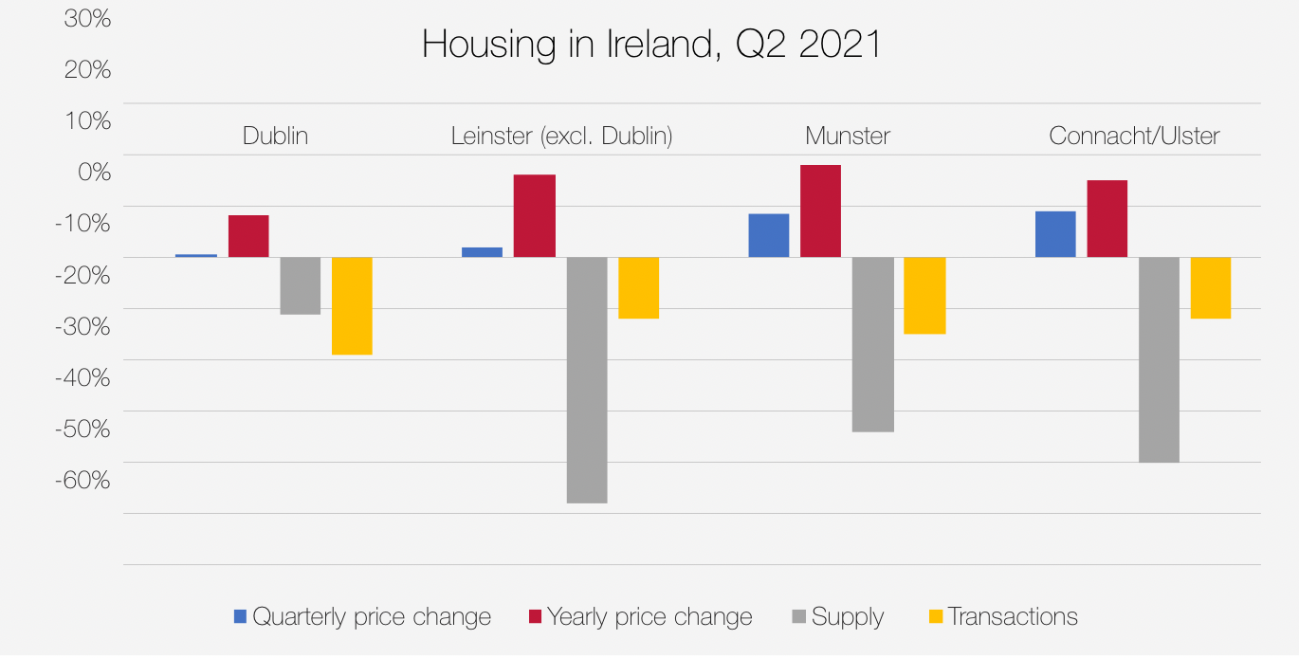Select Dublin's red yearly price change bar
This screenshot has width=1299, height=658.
248,236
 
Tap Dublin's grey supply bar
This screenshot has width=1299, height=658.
300,285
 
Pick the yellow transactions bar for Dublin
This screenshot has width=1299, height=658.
352,305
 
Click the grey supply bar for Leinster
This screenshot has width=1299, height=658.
587,379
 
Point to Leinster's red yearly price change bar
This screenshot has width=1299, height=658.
535,216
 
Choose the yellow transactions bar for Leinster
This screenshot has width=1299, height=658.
638,287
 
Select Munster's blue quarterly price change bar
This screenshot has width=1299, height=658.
769,235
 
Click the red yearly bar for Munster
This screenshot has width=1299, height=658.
821,211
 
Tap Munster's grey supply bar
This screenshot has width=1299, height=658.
873,344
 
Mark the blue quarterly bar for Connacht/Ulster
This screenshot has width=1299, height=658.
1055,234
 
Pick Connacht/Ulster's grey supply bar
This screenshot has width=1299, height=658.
1159,359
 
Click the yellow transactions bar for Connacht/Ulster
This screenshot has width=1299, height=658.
1211,287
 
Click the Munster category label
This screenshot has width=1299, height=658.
848,137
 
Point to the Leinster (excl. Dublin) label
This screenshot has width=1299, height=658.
561,137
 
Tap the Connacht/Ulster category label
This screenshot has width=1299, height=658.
1134,137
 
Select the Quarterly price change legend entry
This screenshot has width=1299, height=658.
371,617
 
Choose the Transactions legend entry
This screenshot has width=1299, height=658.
1012,617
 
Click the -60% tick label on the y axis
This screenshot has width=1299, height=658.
82,480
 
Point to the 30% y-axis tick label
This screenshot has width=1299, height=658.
88,19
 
